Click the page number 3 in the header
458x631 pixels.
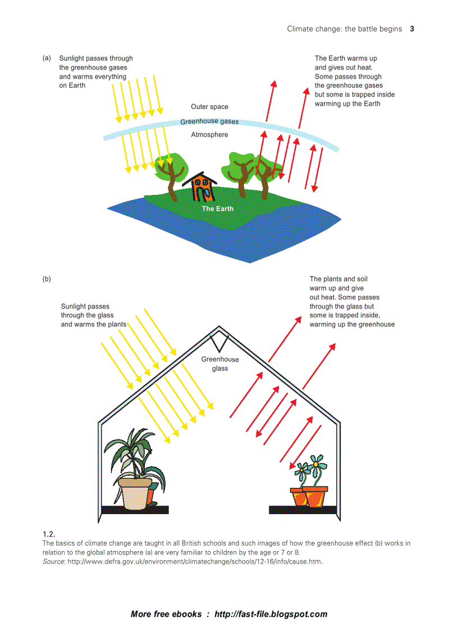412,29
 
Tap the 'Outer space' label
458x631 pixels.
209,107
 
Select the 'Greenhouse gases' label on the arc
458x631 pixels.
209,121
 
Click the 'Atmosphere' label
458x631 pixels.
209,135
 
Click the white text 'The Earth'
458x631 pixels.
218,208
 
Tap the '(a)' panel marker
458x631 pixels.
47,58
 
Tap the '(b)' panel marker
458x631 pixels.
47,279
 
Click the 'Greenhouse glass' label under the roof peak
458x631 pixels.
220,364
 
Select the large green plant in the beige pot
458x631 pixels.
135,455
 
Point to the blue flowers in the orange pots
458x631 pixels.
310,466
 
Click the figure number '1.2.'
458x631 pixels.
49,534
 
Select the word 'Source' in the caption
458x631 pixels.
53,561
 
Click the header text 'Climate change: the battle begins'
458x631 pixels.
345,29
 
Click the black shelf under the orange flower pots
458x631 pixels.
303,510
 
